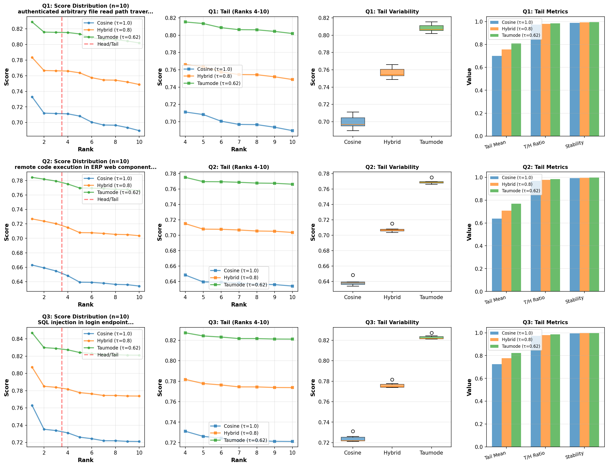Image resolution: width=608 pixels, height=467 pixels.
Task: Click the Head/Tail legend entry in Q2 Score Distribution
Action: click(x=108, y=199)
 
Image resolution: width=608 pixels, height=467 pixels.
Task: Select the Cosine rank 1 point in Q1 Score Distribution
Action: click(x=32, y=97)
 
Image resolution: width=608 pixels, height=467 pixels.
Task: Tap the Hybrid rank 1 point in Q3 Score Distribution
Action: click(x=32, y=367)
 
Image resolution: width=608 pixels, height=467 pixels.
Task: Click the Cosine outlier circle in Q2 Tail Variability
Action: click(x=353, y=275)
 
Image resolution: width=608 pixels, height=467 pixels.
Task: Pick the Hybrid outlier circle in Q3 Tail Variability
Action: click(x=392, y=380)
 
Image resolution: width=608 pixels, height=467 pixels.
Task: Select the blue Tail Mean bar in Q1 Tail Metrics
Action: click(x=496, y=96)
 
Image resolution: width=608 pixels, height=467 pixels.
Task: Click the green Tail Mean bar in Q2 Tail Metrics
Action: click(x=516, y=247)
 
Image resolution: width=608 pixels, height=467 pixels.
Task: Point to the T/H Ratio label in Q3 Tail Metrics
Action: click(x=534, y=455)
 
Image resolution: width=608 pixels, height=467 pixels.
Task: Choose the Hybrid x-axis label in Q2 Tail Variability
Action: click(x=392, y=297)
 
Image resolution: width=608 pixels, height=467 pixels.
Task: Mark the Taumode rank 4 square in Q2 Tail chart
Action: click(x=185, y=177)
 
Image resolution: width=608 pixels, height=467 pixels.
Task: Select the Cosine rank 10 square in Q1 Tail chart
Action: click(x=292, y=131)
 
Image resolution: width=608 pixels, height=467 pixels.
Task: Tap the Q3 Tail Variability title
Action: click(x=392, y=322)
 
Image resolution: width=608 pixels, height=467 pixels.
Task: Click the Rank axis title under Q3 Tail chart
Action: click(x=239, y=460)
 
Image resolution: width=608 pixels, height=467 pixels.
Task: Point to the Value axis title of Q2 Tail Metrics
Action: click(x=469, y=232)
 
